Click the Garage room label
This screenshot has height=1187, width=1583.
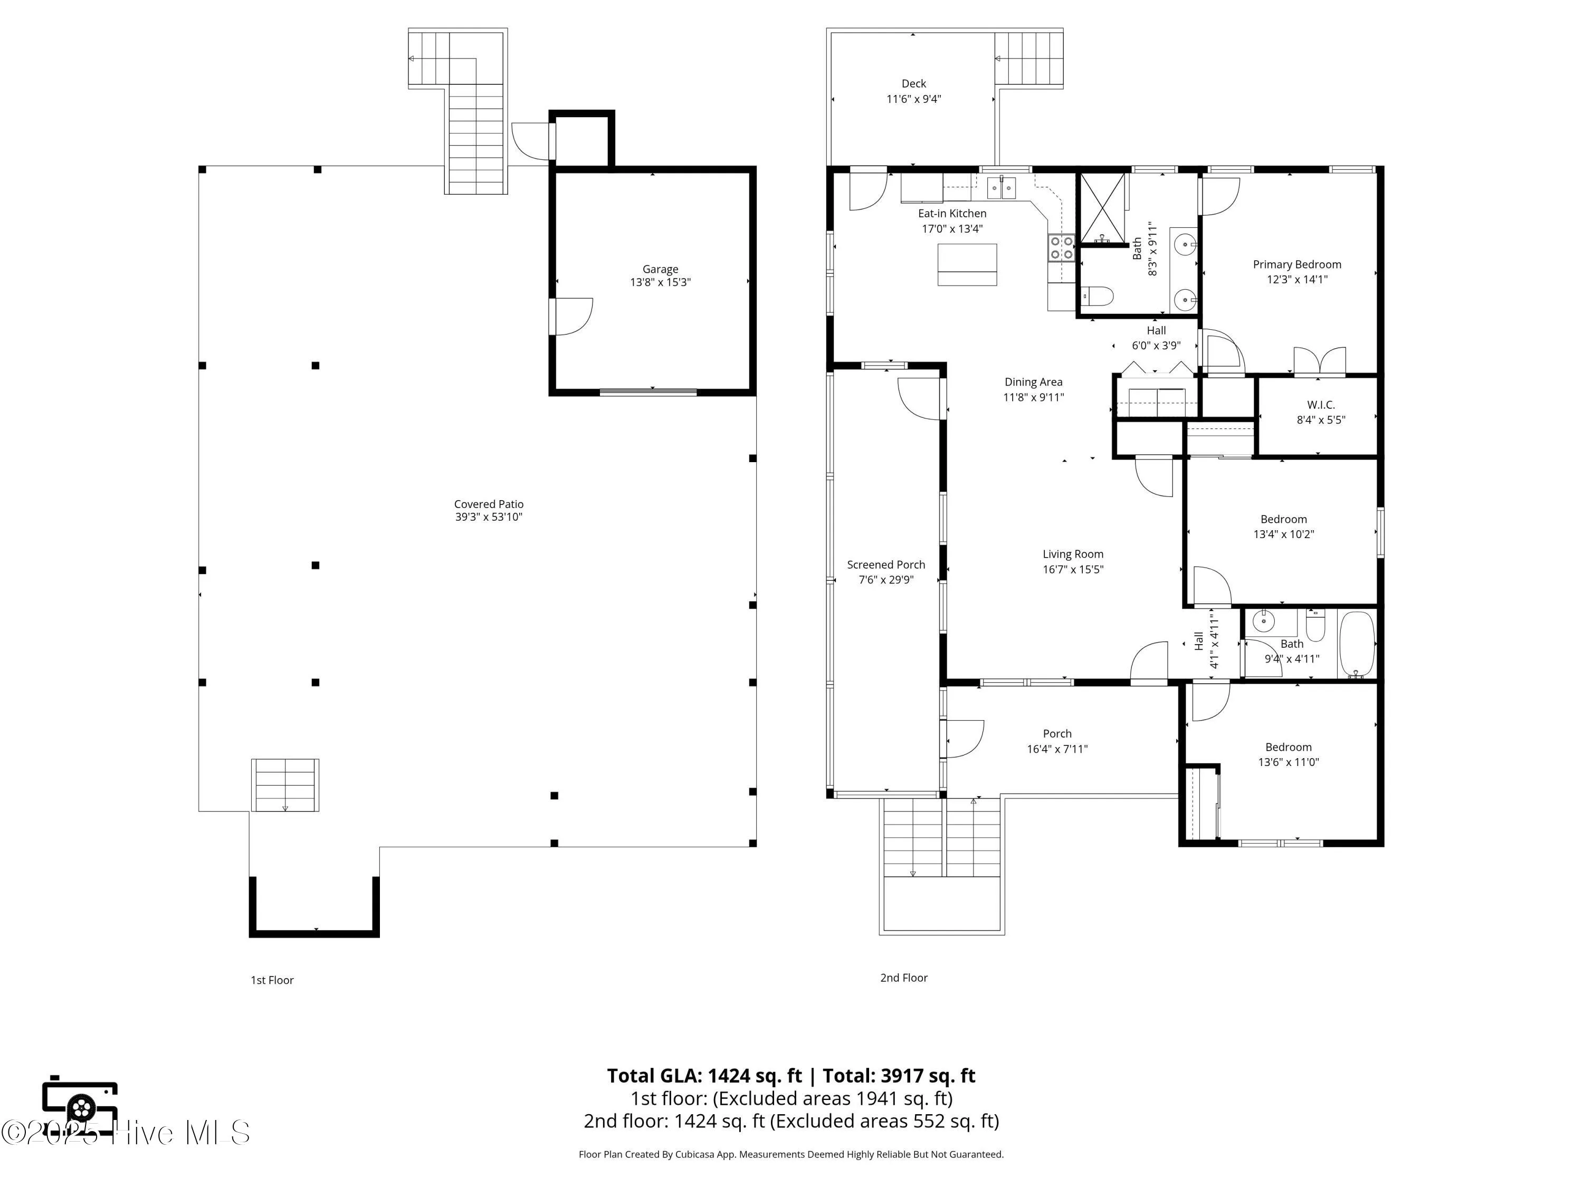click(660, 269)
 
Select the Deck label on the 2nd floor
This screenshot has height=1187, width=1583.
click(913, 84)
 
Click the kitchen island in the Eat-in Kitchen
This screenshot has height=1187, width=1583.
click(967, 265)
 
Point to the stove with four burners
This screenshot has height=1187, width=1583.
click(1061, 247)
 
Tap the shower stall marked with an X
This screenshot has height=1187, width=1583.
click(1102, 207)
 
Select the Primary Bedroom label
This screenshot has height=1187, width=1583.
click(1297, 264)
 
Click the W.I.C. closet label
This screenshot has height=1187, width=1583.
click(1320, 405)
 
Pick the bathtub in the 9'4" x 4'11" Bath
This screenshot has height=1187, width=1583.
click(1356, 644)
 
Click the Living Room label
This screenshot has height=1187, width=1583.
click(1073, 554)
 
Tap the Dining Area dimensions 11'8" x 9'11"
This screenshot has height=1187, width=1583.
click(1033, 398)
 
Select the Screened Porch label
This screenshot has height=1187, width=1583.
click(886, 564)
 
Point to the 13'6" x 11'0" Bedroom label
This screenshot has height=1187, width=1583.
click(1288, 747)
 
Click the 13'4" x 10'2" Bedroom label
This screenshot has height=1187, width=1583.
click(1283, 520)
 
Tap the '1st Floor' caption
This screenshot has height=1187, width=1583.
click(272, 980)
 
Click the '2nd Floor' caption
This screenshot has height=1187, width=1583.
click(903, 978)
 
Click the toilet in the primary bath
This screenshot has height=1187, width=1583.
click(1098, 295)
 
